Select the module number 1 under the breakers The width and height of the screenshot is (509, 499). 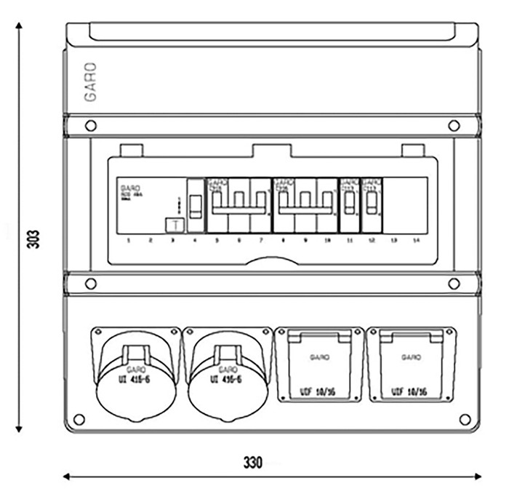click(127, 239)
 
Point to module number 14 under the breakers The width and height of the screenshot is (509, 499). click(416, 239)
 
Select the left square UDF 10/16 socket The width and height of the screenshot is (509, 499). click(319, 364)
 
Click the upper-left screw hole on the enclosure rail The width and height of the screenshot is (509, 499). click(90, 126)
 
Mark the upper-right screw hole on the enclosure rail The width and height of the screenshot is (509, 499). click(454, 126)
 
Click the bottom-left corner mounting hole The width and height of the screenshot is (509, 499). click(79, 419)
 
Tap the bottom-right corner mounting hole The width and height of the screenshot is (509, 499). click(465, 419)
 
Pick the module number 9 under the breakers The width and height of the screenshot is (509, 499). click(305, 239)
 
